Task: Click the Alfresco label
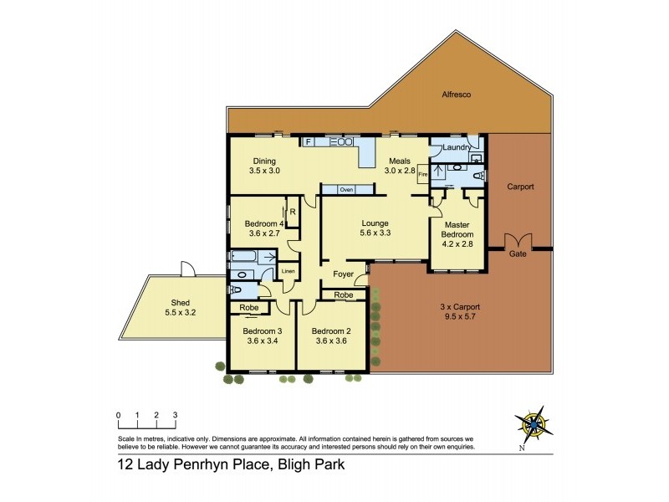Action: click(x=457, y=95)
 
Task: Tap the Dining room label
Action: click(x=264, y=161)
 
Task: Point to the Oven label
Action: click(x=345, y=190)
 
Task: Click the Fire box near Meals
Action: click(x=422, y=174)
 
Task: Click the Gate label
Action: click(x=518, y=254)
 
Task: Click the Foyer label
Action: click(x=343, y=274)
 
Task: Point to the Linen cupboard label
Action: click(x=288, y=271)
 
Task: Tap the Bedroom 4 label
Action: click(x=264, y=223)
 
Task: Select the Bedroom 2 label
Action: click(x=332, y=330)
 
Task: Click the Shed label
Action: click(x=180, y=303)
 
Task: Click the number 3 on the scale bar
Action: click(x=175, y=414)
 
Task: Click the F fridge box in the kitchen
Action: click(x=309, y=142)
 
